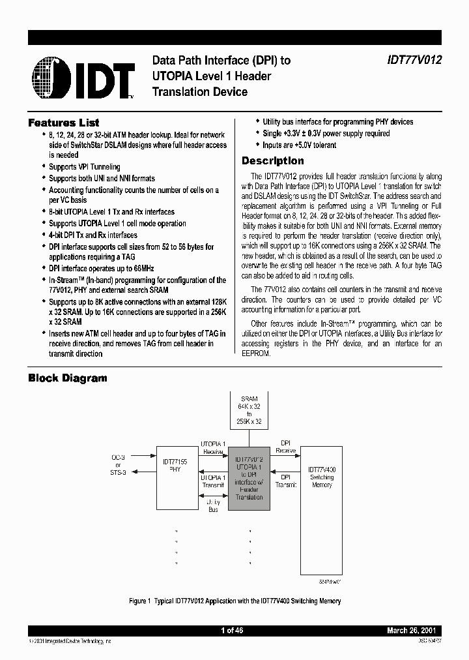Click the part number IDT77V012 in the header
point(411,60)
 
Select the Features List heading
point(64,123)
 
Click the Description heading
point(272,160)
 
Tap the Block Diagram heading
point(68,378)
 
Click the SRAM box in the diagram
point(249,410)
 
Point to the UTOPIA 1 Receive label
point(213,447)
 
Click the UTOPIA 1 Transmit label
point(213,481)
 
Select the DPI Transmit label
point(285,481)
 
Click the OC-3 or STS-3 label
point(119,464)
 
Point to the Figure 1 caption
point(234,601)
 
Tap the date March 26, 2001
point(412,631)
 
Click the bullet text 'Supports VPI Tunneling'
point(85,167)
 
